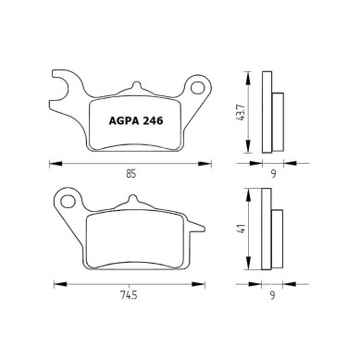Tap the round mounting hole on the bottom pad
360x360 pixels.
point(66,199)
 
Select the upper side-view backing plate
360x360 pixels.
point(265,112)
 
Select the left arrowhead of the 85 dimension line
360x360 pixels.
point(48,162)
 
